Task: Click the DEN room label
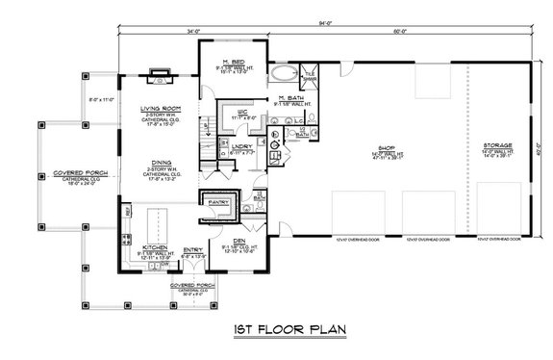coord(239,240)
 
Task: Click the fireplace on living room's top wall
coord(160,70)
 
